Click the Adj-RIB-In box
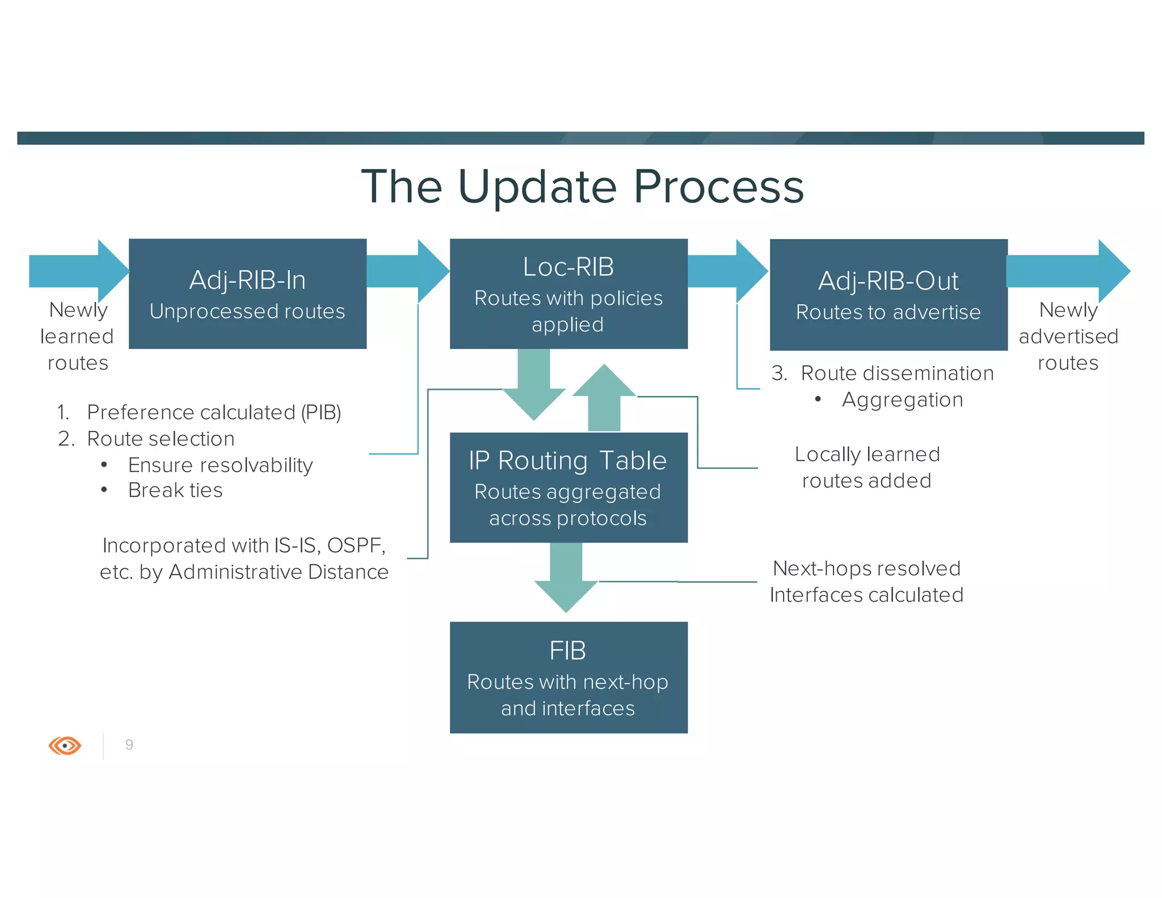[247, 294]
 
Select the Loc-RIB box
[569, 294]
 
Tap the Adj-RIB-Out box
[888, 295]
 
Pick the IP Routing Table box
[569, 488]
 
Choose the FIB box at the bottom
[569, 677]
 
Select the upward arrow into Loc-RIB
[604, 397]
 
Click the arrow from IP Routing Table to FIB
[566, 576]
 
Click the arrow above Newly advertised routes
[1067, 271]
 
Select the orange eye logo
[65, 745]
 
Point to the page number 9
[129, 745]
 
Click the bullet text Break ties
[175, 490]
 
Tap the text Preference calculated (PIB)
[214, 412]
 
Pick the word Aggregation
[902, 400]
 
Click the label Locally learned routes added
[867, 467]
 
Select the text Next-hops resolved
[866, 568]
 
